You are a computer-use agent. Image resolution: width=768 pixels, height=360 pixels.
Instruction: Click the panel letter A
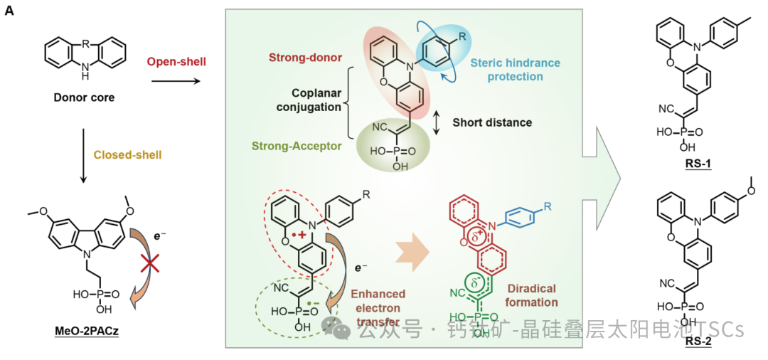[x=9, y=12]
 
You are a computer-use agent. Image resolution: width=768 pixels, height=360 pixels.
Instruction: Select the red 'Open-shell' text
[x=176, y=62]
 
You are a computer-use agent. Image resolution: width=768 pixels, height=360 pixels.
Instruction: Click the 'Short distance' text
[x=492, y=122]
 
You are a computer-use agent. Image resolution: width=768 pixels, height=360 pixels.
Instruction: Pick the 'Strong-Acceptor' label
[x=295, y=147]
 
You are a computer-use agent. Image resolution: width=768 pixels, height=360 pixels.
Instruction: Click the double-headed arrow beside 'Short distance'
[x=439, y=123]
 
